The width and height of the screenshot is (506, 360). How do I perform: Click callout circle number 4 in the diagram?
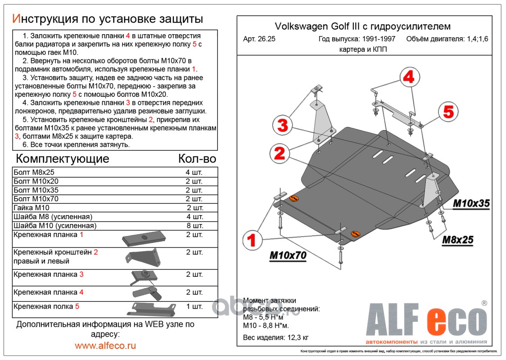(x=408, y=77)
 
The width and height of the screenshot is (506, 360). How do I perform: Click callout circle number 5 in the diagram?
(x=448, y=111)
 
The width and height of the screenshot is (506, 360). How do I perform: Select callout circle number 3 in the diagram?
(x=282, y=126)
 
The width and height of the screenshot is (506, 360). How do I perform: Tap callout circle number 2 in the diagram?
(x=280, y=154)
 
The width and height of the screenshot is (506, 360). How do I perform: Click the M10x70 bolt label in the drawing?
(x=288, y=256)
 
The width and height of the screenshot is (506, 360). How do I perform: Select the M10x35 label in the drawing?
(x=471, y=203)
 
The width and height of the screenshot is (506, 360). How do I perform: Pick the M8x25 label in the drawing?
(x=458, y=240)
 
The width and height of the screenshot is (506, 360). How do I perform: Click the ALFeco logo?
(x=425, y=321)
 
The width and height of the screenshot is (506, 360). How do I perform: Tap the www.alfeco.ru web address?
(x=105, y=346)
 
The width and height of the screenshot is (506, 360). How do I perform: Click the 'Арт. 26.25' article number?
(x=259, y=39)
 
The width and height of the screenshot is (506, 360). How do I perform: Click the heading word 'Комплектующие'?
(x=63, y=158)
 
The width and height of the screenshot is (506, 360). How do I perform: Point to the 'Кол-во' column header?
(x=197, y=158)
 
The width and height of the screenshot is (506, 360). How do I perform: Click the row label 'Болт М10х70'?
(x=36, y=198)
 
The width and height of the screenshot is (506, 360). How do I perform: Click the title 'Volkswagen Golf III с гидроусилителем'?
(x=362, y=27)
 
